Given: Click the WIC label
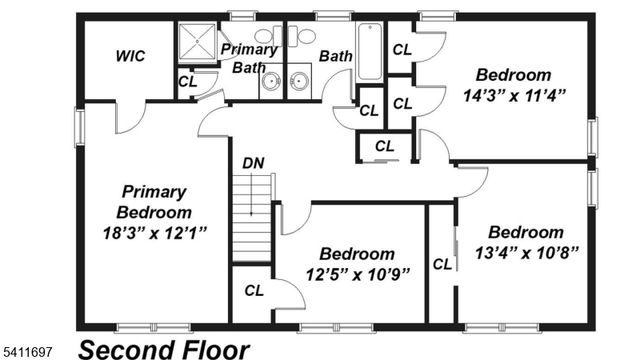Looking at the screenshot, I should pos(130,56).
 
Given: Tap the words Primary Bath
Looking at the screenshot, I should pos(249,58).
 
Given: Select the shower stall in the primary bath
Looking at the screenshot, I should pos(196,43).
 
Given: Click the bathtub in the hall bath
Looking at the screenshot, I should pos(369,51).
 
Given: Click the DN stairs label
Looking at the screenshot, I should pos(253,162).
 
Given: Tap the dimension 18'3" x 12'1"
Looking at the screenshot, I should pos(155,233).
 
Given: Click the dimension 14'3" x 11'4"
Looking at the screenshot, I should pos(514,96).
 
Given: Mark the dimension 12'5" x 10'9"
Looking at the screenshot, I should pos(358,275).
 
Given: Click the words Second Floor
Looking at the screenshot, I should pos(163,349).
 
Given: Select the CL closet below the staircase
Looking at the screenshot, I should pos(254,291).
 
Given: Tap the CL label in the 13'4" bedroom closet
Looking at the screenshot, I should pos(441,265).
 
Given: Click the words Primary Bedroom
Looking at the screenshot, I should pos(154,201).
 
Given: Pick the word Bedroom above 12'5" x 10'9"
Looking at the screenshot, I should pos(357,254).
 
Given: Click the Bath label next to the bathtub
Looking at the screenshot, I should pos(335,56).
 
